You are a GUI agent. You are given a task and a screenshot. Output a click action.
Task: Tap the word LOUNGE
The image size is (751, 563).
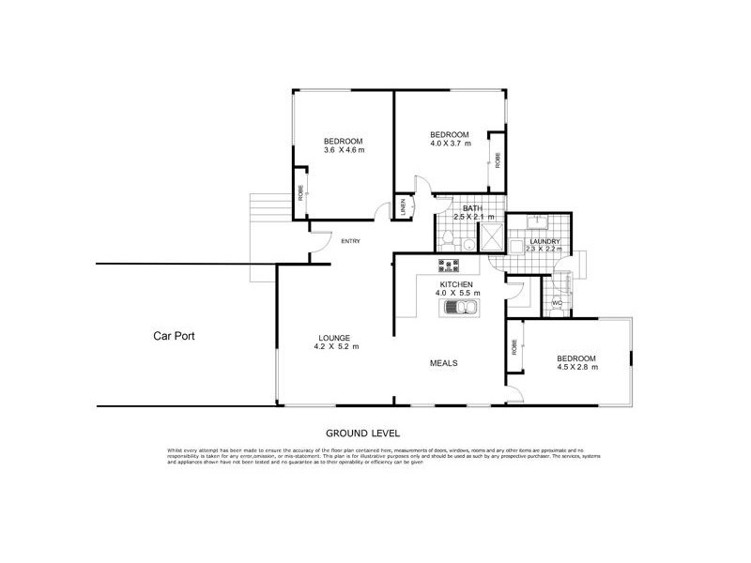click(x=334, y=338)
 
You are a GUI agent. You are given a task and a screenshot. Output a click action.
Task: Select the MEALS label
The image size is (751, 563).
click(x=444, y=363)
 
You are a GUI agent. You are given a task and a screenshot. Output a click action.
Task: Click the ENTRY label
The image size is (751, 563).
click(x=350, y=242)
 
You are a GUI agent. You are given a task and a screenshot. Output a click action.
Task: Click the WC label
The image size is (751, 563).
click(x=557, y=303)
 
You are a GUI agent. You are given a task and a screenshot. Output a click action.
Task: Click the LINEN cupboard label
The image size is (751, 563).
click(x=403, y=205)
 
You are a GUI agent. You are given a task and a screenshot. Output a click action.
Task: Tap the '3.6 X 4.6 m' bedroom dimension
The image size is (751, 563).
click(x=344, y=150)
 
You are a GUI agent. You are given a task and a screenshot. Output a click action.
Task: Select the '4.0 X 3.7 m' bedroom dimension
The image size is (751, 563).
click(x=450, y=144)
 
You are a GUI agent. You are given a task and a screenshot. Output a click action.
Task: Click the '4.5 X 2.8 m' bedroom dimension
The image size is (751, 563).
click(x=577, y=367)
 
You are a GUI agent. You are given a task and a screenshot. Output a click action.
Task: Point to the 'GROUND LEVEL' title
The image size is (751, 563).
click(x=363, y=434)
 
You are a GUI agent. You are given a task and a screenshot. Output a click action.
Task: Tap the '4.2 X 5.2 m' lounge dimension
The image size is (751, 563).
click(x=334, y=347)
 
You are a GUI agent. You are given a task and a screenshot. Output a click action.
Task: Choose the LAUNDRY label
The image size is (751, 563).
click(x=544, y=243)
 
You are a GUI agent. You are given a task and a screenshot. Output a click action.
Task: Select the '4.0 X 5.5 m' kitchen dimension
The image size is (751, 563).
click(x=456, y=293)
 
